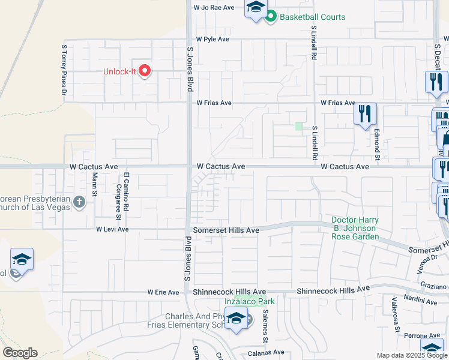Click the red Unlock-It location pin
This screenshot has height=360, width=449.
(x=145, y=71)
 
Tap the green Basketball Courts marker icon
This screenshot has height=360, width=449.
(x=270, y=17)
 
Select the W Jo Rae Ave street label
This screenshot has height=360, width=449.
(x=214, y=8)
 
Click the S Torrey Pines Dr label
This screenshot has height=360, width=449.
(x=63, y=69)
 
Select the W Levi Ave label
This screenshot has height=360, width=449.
(x=112, y=229)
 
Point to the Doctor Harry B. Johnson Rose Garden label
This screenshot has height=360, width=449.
(x=355, y=229)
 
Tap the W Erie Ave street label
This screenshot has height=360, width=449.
(x=163, y=292)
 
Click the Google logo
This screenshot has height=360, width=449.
(x=20, y=353)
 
